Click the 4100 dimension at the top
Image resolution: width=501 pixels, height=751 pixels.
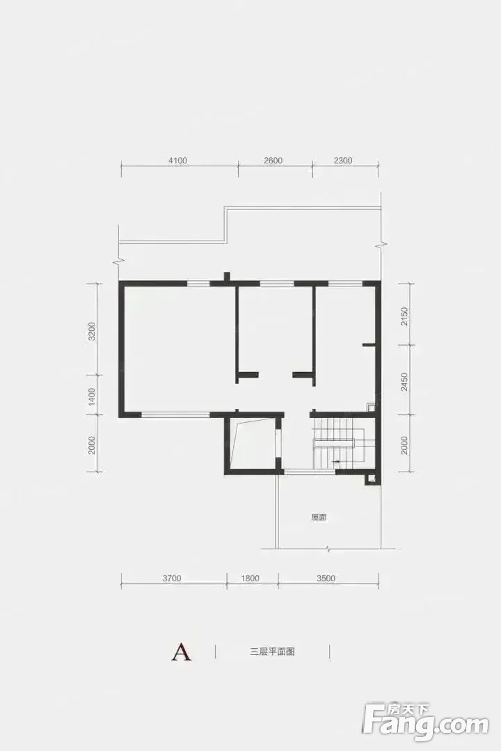point(177,161)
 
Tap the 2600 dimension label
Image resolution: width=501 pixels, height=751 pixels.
point(273,161)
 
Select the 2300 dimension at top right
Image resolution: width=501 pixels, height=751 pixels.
point(343,161)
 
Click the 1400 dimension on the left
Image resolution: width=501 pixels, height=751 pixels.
point(92,397)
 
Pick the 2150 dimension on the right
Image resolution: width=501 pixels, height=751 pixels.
point(405,317)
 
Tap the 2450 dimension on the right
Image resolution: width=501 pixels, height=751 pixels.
point(405,382)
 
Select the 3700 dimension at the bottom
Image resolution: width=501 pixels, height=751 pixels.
point(172,578)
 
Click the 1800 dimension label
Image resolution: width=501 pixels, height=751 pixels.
point(249,578)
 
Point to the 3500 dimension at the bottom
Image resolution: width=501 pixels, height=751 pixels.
point(326,578)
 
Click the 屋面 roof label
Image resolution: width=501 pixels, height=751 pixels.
point(319,518)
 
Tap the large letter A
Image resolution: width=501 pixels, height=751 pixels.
point(181,652)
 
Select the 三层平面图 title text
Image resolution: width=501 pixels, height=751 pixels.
point(272,652)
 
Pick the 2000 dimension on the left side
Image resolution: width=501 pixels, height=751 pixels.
point(92,445)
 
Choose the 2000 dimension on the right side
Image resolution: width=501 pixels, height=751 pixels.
point(405,445)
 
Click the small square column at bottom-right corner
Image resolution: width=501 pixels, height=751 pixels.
point(372,478)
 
